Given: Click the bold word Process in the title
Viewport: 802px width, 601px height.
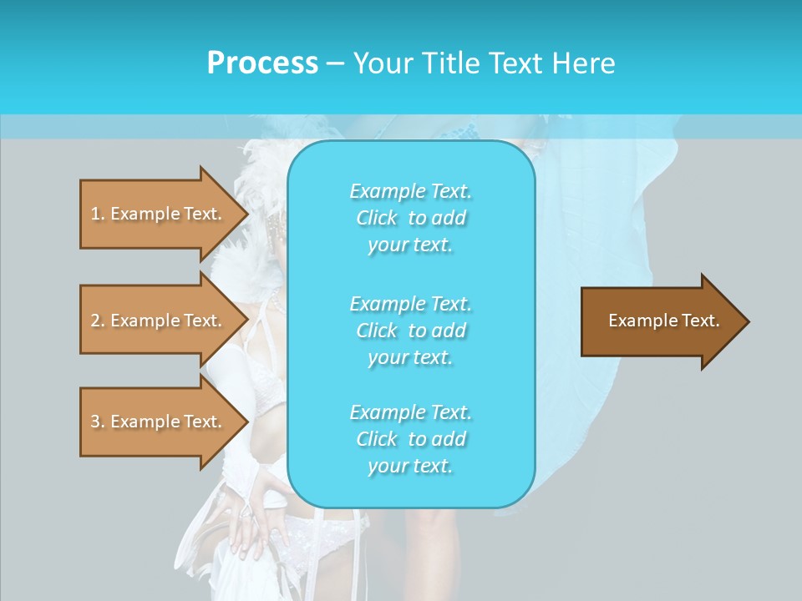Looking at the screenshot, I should click(x=262, y=63).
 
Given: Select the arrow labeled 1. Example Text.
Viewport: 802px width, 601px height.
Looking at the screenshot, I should click(x=159, y=214).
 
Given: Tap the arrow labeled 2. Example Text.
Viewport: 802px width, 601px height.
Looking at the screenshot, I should click(x=159, y=321).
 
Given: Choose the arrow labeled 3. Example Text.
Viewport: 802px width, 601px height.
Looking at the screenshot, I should click(x=159, y=422).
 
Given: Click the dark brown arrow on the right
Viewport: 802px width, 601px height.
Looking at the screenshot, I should click(x=660, y=321).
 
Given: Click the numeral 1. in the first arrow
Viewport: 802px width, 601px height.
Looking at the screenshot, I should click(x=98, y=214).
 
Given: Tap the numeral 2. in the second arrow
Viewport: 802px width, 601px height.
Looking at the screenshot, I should click(x=98, y=321).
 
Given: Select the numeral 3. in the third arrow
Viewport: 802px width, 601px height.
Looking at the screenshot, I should click(x=98, y=422).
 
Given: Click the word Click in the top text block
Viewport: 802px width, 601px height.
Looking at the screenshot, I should click(x=377, y=219).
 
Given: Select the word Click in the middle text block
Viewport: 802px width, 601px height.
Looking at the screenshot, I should click(x=377, y=331).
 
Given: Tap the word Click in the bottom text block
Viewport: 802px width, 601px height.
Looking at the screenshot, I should click(x=377, y=439).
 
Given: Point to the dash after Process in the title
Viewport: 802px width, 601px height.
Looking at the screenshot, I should click(x=335, y=63).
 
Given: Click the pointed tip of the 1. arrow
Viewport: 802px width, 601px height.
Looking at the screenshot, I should click(x=246, y=215).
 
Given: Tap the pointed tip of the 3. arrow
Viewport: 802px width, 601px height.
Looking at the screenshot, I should click(x=246, y=422).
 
